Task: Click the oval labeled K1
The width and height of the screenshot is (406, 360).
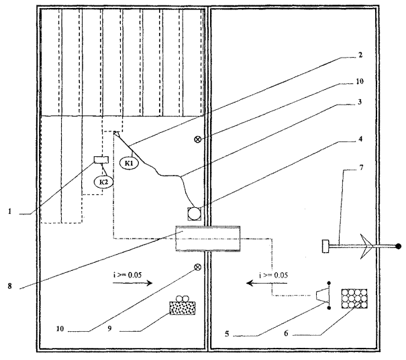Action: [x=129, y=162]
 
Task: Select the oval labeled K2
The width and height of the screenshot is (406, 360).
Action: [x=102, y=182]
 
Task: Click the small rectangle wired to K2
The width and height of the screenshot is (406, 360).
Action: [x=101, y=160]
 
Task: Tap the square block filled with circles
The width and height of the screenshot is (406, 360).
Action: [x=355, y=298]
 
